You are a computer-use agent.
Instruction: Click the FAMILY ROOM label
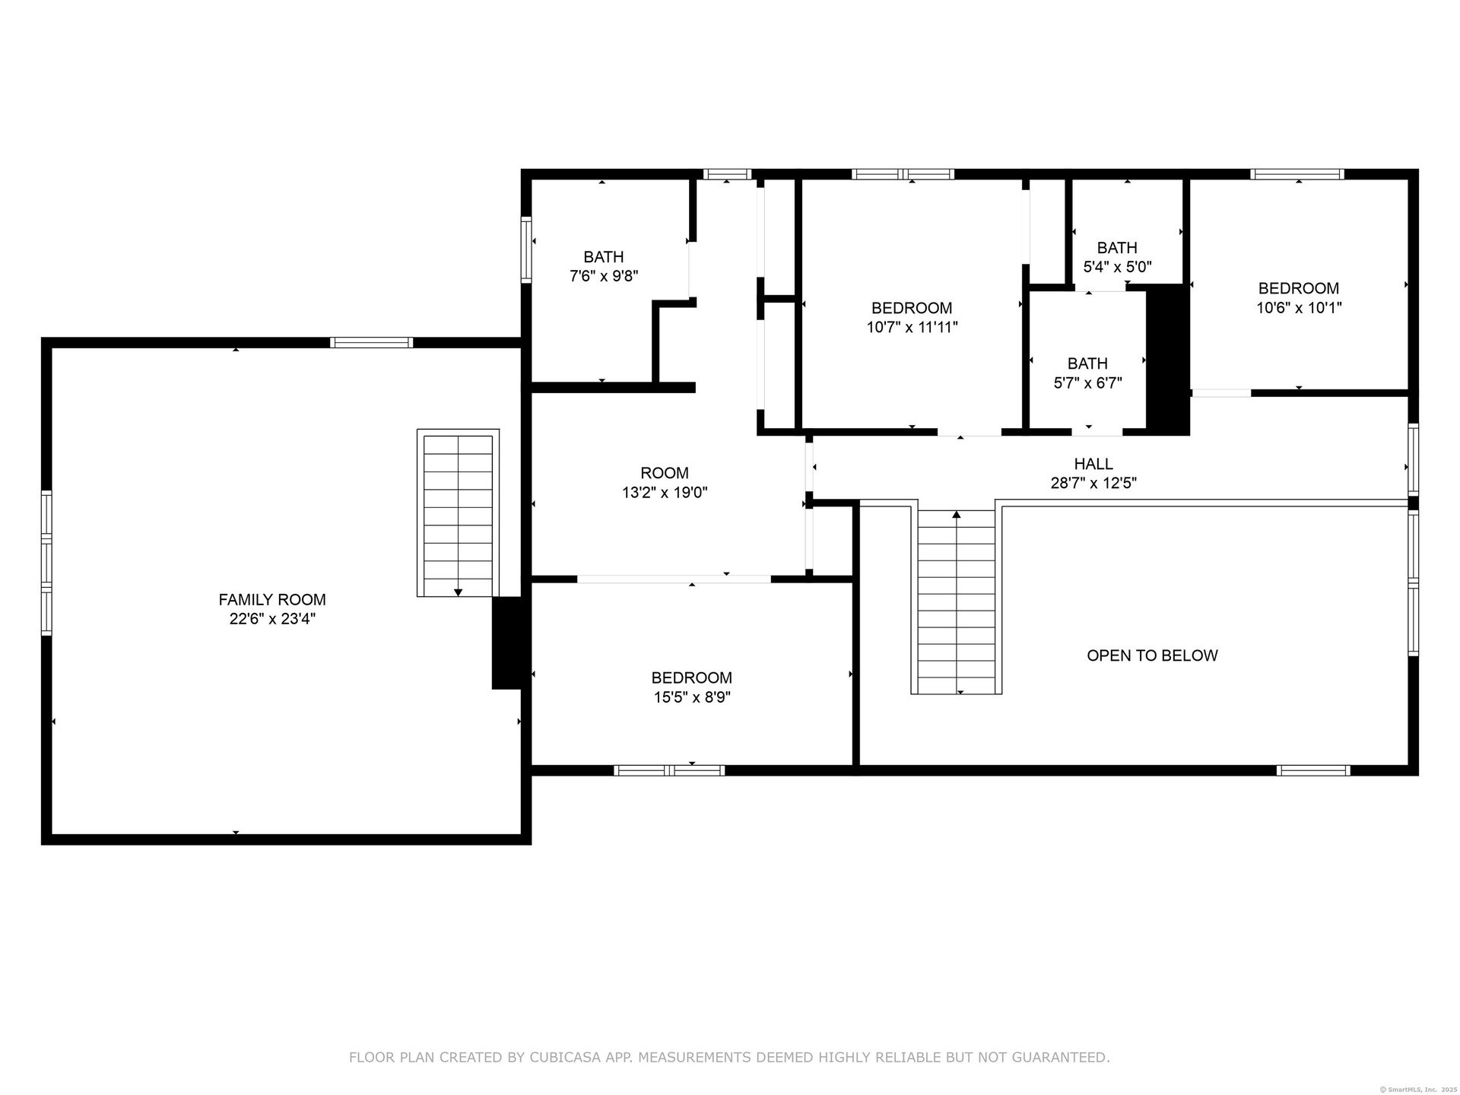(272, 599)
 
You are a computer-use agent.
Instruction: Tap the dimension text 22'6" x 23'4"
(272, 619)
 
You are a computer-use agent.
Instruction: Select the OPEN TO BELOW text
(1152, 655)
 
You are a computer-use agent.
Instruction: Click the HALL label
(1093, 463)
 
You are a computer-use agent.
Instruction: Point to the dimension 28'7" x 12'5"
(1093, 483)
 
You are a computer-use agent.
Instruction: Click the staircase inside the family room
(458, 513)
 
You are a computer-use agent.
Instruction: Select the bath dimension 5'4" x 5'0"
(1117, 267)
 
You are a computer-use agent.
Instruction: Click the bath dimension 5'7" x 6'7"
(1087, 383)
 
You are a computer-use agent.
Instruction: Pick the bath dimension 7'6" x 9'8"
(604, 276)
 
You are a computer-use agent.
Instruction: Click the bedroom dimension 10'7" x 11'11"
(912, 328)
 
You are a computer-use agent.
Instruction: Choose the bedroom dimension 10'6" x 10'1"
(1299, 308)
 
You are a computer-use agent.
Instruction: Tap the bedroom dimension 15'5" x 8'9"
(692, 697)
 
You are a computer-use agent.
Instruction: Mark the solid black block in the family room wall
(507, 643)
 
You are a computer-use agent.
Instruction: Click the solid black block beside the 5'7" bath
(1168, 360)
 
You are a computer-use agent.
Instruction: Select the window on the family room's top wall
(372, 342)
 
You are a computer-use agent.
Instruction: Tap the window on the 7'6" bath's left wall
(526, 250)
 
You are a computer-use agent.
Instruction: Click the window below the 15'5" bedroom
(669, 770)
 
